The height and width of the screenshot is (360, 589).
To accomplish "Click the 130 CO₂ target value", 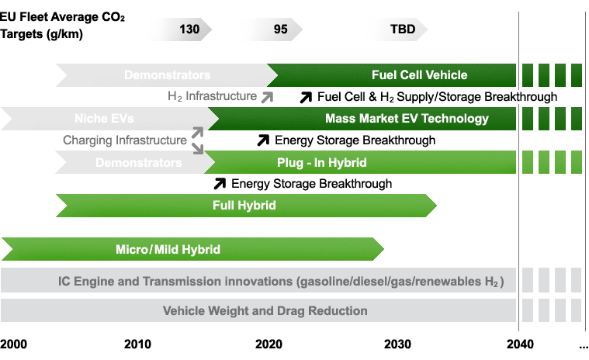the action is tap(189, 29).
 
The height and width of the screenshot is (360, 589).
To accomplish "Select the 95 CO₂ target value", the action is tap(281, 29).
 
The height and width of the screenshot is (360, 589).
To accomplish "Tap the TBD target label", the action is tap(403, 29).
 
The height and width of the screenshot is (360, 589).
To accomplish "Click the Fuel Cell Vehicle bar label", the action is tap(420, 75).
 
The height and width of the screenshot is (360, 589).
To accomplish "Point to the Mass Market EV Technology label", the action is tap(407, 119).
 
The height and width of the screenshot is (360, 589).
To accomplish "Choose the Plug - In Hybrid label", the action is tap(322, 163).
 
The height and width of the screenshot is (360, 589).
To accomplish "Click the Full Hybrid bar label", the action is tap(244, 206).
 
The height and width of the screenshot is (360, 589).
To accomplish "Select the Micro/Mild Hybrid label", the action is tap(168, 249).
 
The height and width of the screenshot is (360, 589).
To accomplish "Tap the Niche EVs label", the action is tap(104, 119).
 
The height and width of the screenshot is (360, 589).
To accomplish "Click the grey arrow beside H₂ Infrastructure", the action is tap(268, 97).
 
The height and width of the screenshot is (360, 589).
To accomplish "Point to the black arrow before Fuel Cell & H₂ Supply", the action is tap(307, 97).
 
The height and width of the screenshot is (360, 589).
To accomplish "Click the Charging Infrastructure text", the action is tap(125, 140).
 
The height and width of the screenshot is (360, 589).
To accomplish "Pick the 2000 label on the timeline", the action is tap(13, 344).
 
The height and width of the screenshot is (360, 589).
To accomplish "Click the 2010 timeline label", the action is tap(137, 344).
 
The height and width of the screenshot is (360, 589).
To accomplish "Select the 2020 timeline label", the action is tap(269, 344).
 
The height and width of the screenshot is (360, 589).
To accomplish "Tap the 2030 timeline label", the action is tap(397, 344).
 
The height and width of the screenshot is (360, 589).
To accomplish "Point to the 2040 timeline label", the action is tap(520, 344).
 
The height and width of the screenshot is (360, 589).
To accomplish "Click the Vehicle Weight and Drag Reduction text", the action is tap(265, 311).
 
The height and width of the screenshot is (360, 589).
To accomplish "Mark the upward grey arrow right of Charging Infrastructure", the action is tap(198, 133).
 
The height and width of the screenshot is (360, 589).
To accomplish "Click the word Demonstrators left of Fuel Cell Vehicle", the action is tap(167, 75).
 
